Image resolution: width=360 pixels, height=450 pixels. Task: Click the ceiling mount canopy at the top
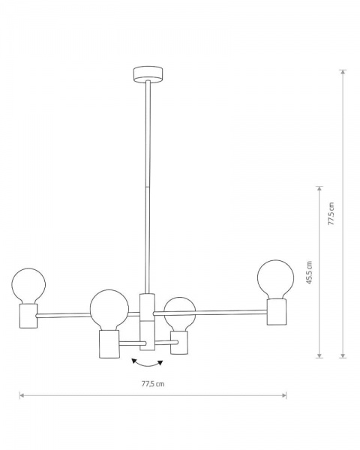pyautogui.click(x=148, y=75)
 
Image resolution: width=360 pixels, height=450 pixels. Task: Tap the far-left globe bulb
pyautogui.click(x=28, y=286)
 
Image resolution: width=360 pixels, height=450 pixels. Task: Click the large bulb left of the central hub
pyautogui.click(x=109, y=309)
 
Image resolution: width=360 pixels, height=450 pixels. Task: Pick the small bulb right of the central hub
pyautogui.click(x=180, y=313)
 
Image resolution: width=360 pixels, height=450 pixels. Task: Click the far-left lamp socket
pyautogui.click(x=28, y=316)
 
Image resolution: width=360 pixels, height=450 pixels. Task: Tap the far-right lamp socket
pyautogui.click(x=277, y=312)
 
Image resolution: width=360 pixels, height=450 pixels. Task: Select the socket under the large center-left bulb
pyautogui.click(x=109, y=344)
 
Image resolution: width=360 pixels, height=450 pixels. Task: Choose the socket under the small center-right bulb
pyautogui.click(x=179, y=343)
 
